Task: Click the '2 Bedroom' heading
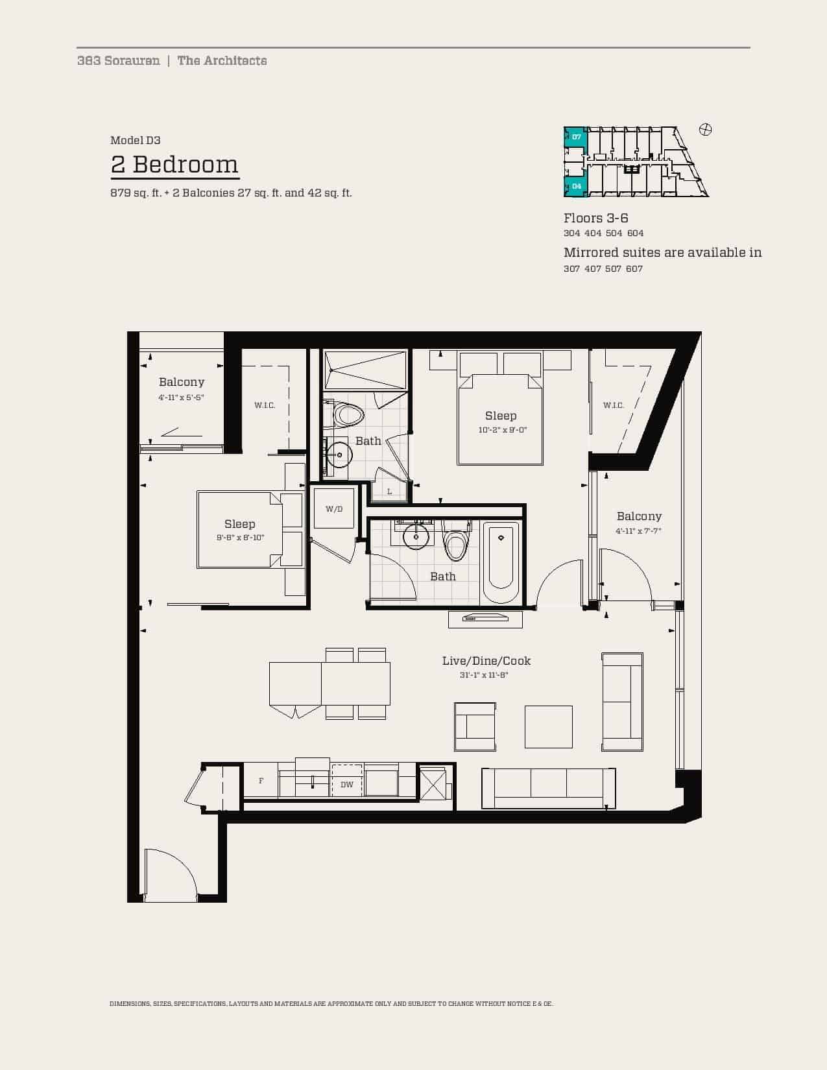[x=175, y=165]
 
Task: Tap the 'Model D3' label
[x=136, y=140]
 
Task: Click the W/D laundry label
[x=334, y=509]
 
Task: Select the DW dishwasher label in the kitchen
[x=347, y=785]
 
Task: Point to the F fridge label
[x=261, y=781]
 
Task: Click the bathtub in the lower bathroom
[x=501, y=562]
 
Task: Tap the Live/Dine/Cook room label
[x=486, y=661]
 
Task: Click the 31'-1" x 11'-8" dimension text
[x=484, y=675]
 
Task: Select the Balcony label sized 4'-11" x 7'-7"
[x=639, y=516]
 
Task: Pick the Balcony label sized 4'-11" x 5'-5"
[x=181, y=382]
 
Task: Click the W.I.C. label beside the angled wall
[x=613, y=405]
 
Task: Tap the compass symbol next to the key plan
[x=705, y=130]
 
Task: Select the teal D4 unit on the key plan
[x=576, y=186]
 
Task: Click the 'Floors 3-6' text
[x=595, y=218]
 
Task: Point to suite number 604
[x=636, y=233]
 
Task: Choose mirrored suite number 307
[x=572, y=269]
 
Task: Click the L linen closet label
[x=390, y=492]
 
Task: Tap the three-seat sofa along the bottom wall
[x=548, y=788]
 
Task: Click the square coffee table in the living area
[x=548, y=727]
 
